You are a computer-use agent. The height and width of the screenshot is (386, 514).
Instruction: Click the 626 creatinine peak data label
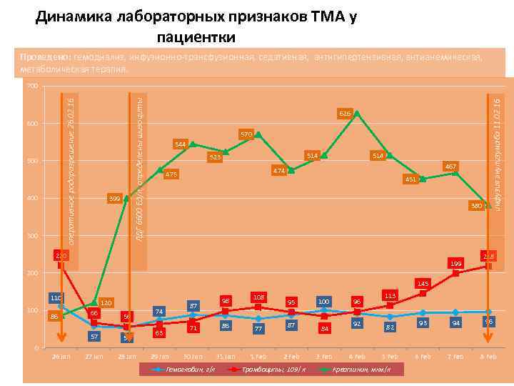pos(345,114)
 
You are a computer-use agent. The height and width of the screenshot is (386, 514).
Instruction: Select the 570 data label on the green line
pos(246,134)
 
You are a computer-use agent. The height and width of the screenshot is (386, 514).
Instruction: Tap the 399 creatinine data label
pos(114,198)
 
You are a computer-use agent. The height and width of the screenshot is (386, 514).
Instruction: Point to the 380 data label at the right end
pos(476,206)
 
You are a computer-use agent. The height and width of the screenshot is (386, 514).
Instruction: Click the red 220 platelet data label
pos(62,256)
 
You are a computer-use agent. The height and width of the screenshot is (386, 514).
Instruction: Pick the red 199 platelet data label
pos(455,264)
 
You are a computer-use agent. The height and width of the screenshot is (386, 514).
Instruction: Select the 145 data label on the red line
pos(423,284)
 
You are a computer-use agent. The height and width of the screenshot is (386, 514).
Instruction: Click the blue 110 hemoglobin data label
pos(56,297)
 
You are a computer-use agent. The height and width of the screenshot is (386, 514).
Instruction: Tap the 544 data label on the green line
pos(180,145)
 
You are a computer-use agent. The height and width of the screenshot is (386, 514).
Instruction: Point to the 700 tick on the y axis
pos(29,87)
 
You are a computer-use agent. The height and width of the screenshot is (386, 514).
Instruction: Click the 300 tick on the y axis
pos(29,236)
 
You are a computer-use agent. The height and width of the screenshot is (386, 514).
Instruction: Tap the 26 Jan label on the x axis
pos(60,356)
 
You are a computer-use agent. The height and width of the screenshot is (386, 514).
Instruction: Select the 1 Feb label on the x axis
pos(258,356)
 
